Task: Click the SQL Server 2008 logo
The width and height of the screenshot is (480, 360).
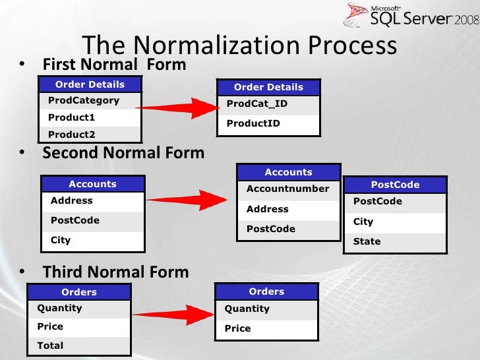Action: click(x=411, y=15)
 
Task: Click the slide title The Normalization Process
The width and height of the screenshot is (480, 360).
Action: click(x=239, y=45)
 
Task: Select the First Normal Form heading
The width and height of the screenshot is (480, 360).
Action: click(x=114, y=65)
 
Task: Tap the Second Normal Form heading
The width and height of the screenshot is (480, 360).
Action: click(x=123, y=153)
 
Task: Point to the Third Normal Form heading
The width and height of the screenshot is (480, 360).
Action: click(x=116, y=272)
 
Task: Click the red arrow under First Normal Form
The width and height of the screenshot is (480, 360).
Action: click(x=177, y=108)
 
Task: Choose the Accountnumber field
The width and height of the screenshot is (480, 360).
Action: click(x=287, y=189)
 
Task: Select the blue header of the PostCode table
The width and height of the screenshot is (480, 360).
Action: click(x=395, y=185)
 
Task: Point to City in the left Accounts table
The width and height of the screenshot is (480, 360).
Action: click(x=61, y=240)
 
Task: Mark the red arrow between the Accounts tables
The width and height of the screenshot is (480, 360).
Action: click(x=187, y=200)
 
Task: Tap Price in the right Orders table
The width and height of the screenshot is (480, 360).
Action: click(x=237, y=328)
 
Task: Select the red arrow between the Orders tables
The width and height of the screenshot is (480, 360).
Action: click(x=173, y=315)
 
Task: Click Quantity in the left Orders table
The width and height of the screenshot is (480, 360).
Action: click(x=59, y=309)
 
